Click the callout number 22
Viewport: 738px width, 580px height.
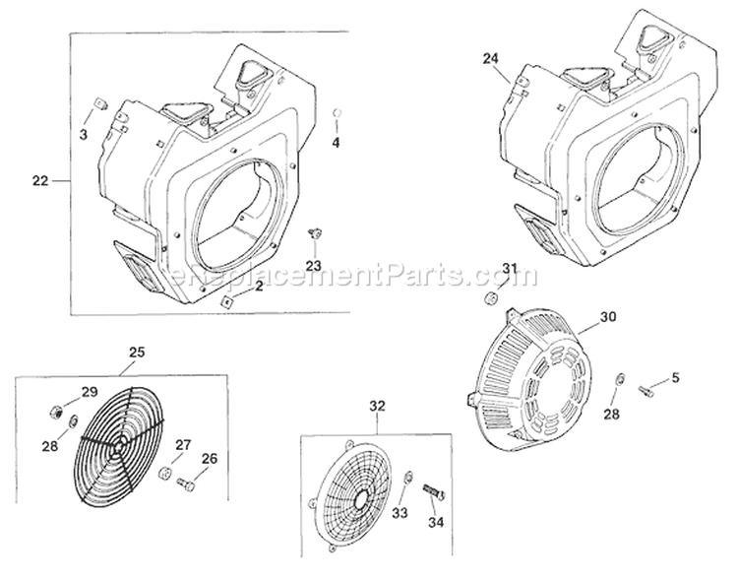pyautogui.click(x=39, y=180)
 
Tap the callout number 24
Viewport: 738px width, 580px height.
pyautogui.click(x=492, y=59)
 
